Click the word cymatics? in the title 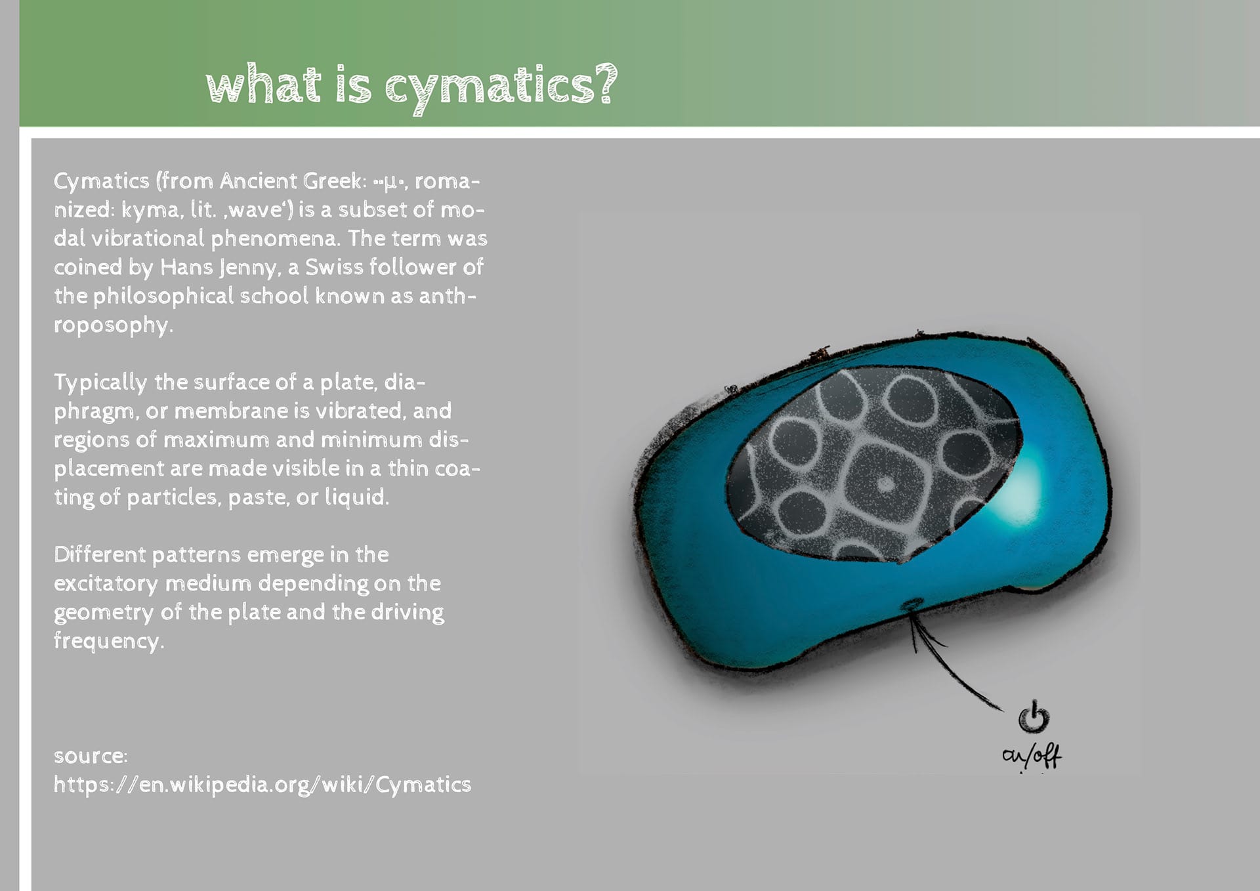coord(501,87)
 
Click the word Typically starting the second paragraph coord(100,383)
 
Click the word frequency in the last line coord(108,641)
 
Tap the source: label coord(91,756)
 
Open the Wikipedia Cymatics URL coord(262,785)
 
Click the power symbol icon coord(1034,716)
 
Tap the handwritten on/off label coord(1032,756)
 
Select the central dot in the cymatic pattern coord(885,484)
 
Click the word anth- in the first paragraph coord(448,295)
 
